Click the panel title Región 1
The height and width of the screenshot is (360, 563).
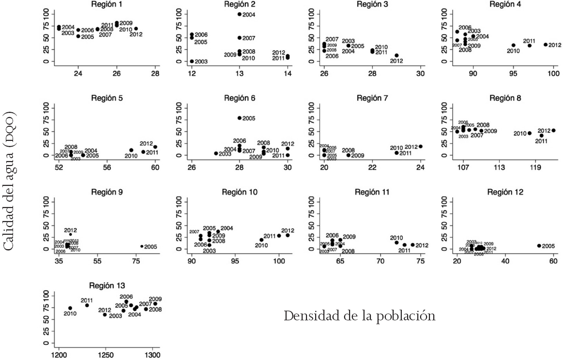click(107, 4)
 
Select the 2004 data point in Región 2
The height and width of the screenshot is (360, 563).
click(240, 14)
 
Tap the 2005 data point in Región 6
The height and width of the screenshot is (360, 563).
click(240, 118)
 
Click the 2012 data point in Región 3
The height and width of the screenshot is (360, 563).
click(396, 56)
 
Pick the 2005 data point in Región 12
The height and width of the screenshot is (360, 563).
click(539, 246)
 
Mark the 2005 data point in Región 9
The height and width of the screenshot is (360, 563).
click(142, 246)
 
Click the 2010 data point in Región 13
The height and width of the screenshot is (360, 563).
click(70, 308)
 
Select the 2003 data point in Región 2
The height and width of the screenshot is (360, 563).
click(192, 61)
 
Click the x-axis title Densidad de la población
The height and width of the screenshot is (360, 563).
click(360, 316)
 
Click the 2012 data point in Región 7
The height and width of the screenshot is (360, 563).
click(420, 147)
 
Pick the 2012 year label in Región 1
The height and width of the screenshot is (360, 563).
click(136, 34)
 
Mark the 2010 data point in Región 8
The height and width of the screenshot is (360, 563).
click(529, 133)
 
